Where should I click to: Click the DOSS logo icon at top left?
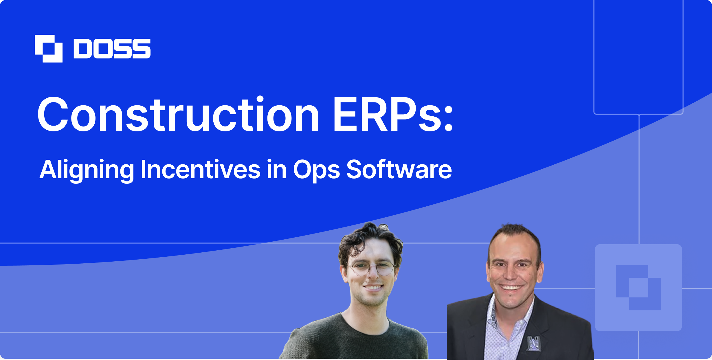click(49, 49)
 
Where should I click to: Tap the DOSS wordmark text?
click(112, 49)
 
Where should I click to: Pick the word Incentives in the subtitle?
click(200, 170)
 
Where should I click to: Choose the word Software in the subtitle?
click(399, 170)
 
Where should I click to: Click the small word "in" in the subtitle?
click(276, 170)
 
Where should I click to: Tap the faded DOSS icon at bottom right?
click(638, 287)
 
